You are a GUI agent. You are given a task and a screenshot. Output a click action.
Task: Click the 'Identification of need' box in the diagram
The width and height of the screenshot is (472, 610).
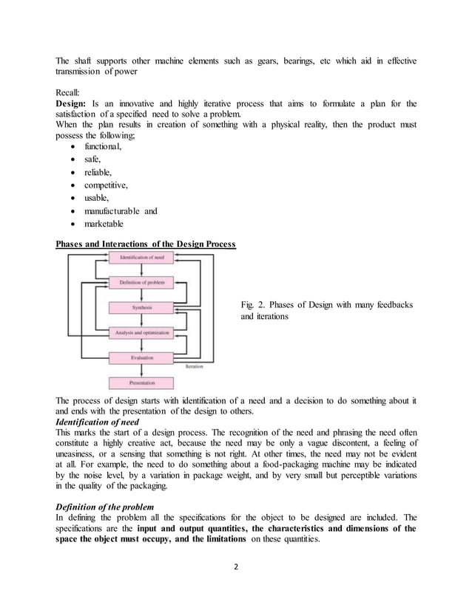tap(141, 258)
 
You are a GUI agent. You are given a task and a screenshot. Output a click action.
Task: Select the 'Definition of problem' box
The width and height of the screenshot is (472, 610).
tap(141, 282)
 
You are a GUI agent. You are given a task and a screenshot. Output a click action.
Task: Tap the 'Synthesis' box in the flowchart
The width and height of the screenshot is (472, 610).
tap(141, 307)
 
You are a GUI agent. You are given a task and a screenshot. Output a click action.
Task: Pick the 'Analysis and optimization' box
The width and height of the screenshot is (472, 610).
tap(141, 332)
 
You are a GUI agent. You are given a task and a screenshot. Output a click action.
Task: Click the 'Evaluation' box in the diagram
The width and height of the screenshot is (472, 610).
tap(141, 357)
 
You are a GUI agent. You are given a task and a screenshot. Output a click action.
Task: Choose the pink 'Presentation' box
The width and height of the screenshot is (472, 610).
tap(141, 383)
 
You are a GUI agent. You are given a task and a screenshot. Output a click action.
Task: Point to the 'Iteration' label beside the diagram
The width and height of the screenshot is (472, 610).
tap(195, 366)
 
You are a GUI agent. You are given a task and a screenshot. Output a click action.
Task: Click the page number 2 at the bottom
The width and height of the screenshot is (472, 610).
tap(236, 569)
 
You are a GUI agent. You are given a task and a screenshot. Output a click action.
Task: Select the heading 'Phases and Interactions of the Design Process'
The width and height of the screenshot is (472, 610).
tap(146, 244)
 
